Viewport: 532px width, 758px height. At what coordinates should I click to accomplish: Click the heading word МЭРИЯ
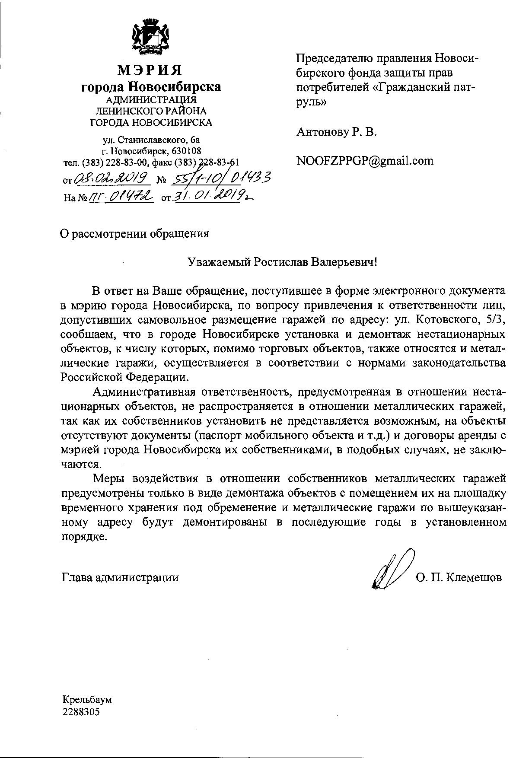click(x=150, y=70)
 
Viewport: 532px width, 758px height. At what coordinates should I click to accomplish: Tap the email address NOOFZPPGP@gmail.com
click(x=365, y=161)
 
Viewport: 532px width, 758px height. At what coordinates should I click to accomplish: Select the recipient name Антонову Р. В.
click(x=336, y=132)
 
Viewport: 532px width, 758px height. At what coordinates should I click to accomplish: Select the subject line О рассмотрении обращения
click(x=134, y=234)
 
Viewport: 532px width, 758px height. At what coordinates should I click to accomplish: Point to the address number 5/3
click(x=496, y=319)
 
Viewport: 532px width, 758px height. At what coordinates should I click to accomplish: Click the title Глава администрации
click(x=120, y=577)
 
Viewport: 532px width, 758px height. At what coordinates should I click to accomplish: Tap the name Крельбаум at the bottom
click(x=87, y=699)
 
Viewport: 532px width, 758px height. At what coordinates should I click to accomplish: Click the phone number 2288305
click(x=81, y=711)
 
